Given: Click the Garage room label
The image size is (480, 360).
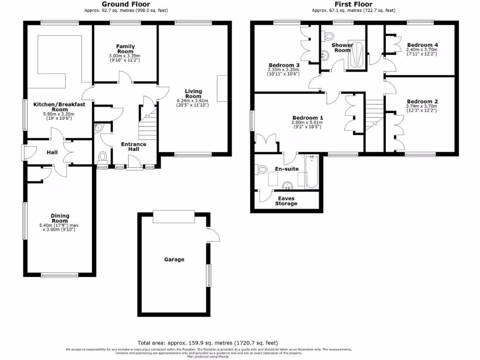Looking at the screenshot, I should click(x=174, y=259).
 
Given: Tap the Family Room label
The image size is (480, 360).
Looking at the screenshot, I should click(x=125, y=49).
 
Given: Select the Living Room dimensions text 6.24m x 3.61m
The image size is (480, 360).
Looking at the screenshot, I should click(x=193, y=101).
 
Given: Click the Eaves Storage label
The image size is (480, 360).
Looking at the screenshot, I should click(x=286, y=201).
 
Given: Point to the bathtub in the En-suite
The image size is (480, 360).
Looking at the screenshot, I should click(x=312, y=172).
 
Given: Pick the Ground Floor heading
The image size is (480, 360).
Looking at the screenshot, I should click(x=126, y=4).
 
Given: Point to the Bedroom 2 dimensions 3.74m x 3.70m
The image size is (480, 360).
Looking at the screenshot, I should click(x=422, y=106).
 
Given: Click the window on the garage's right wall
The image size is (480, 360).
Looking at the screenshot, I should click(x=209, y=275).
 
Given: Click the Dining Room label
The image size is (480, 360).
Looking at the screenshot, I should click(x=60, y=218).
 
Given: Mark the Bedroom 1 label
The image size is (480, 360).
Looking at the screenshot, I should click(x=307, y=118).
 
